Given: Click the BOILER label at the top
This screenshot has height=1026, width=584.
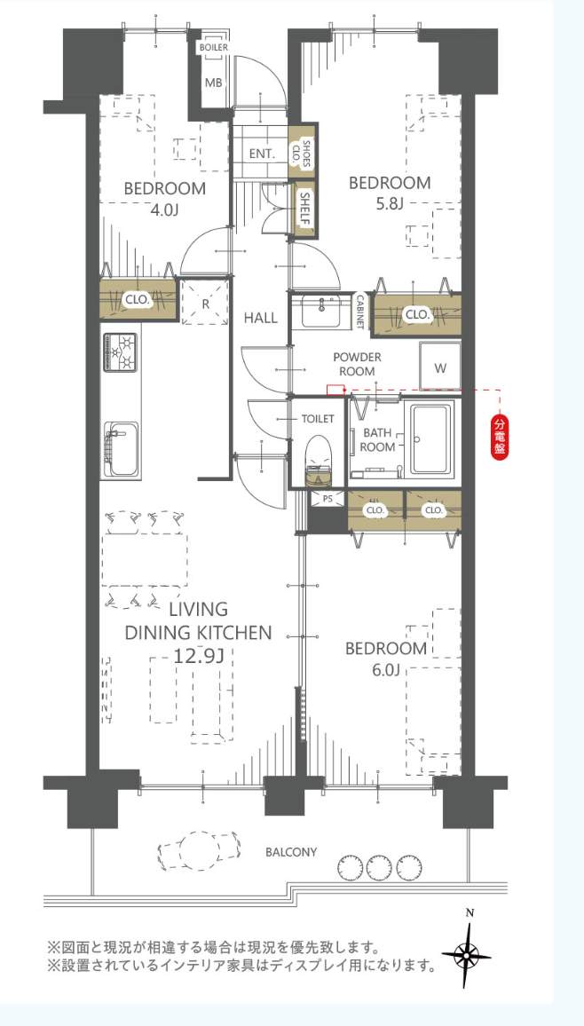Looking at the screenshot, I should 213,46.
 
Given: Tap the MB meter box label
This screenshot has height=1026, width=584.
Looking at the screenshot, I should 214,83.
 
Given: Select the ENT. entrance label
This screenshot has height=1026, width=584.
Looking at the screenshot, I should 262,154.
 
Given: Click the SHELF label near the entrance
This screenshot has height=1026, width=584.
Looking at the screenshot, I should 304,210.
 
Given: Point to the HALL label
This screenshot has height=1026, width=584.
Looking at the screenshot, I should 260,318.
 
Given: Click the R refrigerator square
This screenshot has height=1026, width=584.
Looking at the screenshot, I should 205,301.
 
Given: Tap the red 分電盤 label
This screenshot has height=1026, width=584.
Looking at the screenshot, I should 499,437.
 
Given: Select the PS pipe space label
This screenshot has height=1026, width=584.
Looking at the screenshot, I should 327,499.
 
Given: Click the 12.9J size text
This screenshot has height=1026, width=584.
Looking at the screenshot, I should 197,656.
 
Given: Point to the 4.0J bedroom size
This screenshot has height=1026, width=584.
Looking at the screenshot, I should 164,210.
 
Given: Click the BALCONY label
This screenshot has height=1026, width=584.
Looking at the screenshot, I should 291,852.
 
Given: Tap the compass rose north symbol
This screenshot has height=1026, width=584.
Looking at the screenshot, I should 467,954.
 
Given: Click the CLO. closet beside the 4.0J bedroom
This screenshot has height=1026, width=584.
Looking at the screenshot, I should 137,300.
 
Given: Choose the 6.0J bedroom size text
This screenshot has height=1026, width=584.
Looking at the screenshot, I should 387,671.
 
